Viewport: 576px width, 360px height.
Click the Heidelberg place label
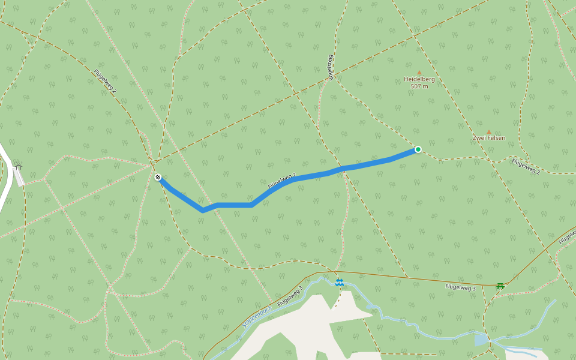(419, 79)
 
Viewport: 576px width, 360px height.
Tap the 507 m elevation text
(419, 86)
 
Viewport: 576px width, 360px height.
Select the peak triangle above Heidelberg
(419, 73)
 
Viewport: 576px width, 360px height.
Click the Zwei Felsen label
(488, 138)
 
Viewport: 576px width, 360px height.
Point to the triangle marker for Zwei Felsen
(488, 131)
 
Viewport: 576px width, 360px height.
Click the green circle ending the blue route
(418, 149)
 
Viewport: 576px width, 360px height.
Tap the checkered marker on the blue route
(158, 177)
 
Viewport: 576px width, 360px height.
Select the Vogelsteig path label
(330, 67)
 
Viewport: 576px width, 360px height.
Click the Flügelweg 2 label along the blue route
(282, 181)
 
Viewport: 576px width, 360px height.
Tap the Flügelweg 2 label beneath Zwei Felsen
(526, 166)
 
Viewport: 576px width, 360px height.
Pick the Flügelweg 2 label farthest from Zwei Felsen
(105, 81)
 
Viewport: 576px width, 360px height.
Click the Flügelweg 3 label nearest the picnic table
(460, 288)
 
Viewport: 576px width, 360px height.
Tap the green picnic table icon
(500, 286)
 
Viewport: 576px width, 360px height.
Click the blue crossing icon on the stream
(340, 282)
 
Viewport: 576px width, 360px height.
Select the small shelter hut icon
(18, 167)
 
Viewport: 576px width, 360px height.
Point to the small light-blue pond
(481, 340)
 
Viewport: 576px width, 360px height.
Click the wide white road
(5, 180)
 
